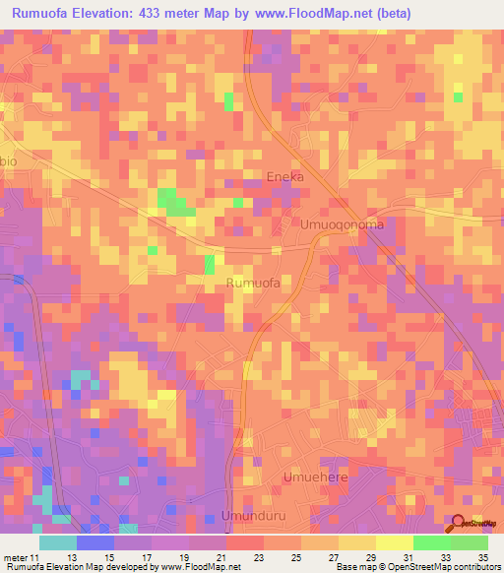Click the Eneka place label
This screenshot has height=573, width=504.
coord(285,176)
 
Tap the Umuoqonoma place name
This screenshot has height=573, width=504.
coord(342,224)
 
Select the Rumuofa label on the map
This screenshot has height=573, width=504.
coord(253,284)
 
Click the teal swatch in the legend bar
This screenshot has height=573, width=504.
coord(57,541)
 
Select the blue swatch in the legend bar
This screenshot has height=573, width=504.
coord(94,541)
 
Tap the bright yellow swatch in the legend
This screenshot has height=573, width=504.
coord(394,541)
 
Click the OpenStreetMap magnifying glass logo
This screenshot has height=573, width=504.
coord(459,525)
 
